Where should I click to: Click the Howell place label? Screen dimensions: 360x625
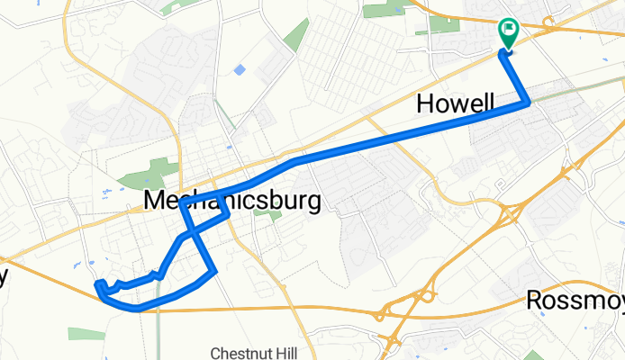(456, 105)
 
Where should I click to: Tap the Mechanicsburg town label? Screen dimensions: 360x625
(232, 201)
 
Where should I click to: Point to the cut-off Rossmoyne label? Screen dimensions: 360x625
(576, 300)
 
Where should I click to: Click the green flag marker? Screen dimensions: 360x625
(508, 32)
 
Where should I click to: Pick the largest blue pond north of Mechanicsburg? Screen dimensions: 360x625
(239, 69)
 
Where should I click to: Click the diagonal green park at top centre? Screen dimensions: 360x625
(295, 34)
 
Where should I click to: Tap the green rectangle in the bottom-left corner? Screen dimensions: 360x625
(86, 334)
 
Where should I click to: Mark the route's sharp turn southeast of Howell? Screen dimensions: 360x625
(528, 103)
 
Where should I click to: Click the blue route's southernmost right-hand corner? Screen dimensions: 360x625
(215, 270)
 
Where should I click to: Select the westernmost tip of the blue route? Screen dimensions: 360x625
(96, 286)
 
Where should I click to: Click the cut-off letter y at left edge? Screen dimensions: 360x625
(4, 276)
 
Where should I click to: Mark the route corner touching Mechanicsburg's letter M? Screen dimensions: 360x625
(183, 203)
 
